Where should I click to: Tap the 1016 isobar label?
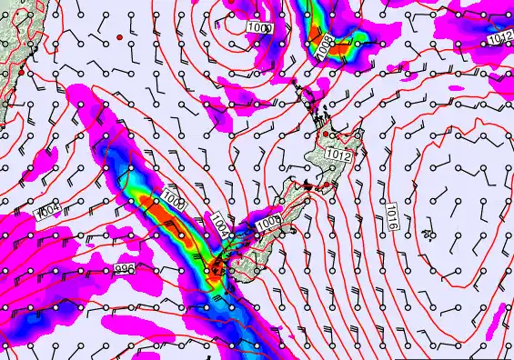(x=391, y=215)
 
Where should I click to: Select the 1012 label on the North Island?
(x=338, y=156)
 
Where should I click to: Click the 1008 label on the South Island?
(x=267, y=223)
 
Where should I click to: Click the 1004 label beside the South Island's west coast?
(x=221, y=225)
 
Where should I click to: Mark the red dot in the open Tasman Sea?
(x=119, y=37)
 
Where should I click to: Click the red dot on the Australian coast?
(x=21, y=71)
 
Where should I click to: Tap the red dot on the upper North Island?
(x=326, y=135)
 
